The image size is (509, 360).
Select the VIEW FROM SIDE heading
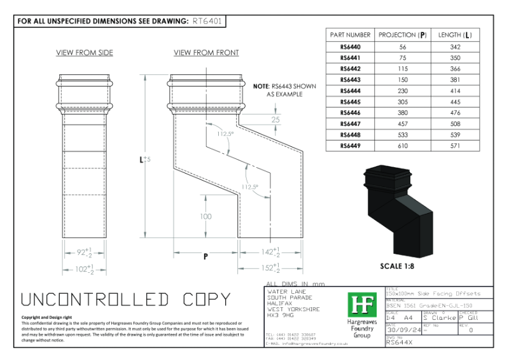85,53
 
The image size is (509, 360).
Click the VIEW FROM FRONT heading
206,53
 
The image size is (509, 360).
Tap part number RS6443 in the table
350,80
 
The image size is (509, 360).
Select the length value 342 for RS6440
455,47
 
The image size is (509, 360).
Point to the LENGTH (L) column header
455,34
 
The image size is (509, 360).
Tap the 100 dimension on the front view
206,217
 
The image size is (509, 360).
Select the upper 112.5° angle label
225,134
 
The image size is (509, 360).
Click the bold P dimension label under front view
206,257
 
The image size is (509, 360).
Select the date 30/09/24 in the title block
405,329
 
